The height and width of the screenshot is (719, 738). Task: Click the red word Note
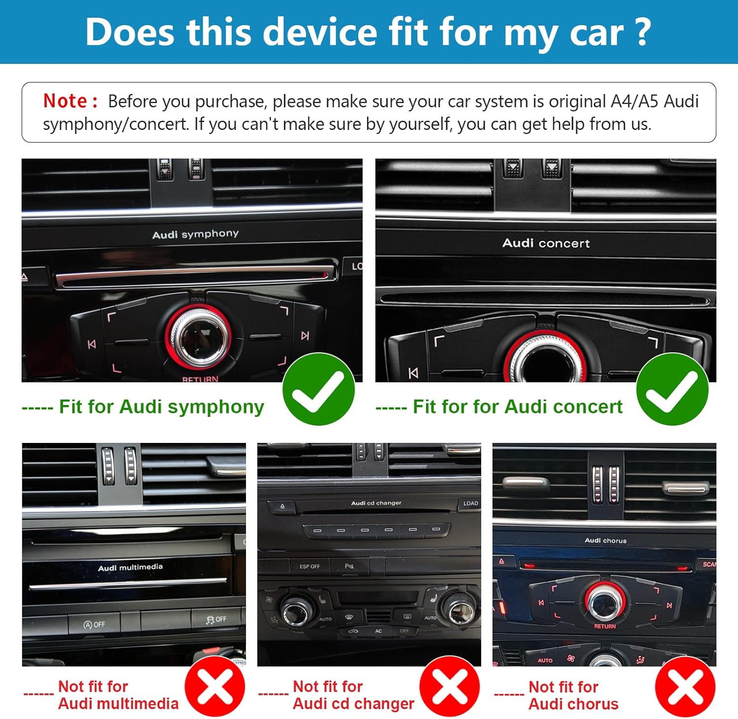65,101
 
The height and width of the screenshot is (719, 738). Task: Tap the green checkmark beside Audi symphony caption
318,389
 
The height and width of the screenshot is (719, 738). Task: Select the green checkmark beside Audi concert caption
672,389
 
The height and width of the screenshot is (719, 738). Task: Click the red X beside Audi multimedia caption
215,686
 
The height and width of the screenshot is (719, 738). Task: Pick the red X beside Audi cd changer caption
450,686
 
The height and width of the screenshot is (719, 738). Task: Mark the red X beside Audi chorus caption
685,686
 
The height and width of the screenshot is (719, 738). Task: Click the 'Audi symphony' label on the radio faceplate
195,234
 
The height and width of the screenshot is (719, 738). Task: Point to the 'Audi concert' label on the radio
546,243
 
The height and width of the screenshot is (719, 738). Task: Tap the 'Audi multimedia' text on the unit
130,567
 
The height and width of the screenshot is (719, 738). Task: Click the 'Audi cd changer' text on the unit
376,503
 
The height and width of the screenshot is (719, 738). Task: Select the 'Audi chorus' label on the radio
606,540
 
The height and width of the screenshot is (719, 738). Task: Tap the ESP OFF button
309,566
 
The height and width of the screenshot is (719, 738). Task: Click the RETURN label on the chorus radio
605,626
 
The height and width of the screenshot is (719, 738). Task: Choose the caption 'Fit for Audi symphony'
161,407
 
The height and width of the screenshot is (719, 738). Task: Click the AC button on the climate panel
378,631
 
